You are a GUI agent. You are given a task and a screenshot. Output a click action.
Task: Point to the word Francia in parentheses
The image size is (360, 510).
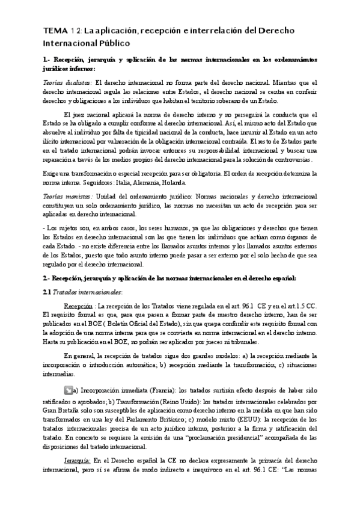tap(157, 390)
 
